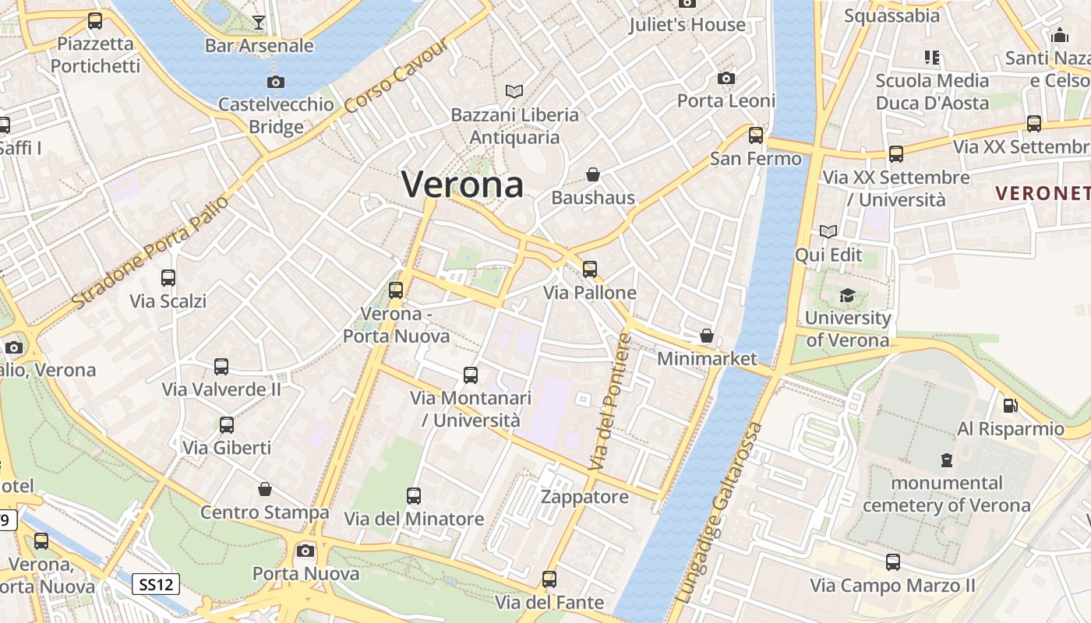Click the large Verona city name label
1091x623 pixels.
(462, 185)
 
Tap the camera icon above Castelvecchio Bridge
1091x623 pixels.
(275, 82)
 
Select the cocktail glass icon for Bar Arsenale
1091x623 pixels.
(259, 22)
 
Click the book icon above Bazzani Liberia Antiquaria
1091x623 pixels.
(514, 91)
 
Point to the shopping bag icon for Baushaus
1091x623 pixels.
(593, 174)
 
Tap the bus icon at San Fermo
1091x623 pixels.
(755, 135)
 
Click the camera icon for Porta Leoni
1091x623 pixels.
(726, 78)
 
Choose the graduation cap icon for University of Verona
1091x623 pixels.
(847, 294)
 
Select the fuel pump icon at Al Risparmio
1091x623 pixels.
(1010, 405)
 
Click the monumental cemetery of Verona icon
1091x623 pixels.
(946, 459)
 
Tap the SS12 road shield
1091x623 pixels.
(156, 583)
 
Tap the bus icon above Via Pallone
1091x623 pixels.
(590, 269)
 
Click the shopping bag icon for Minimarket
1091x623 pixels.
(706, 336)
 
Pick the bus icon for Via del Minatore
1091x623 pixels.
(414, 495)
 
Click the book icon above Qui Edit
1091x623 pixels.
(828, 231)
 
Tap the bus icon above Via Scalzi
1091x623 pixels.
(168, 277)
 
